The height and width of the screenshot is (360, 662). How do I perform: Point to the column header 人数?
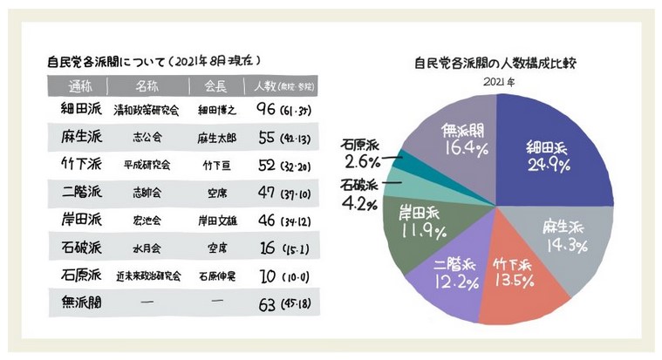264,86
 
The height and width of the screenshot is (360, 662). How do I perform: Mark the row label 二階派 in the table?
78,193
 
